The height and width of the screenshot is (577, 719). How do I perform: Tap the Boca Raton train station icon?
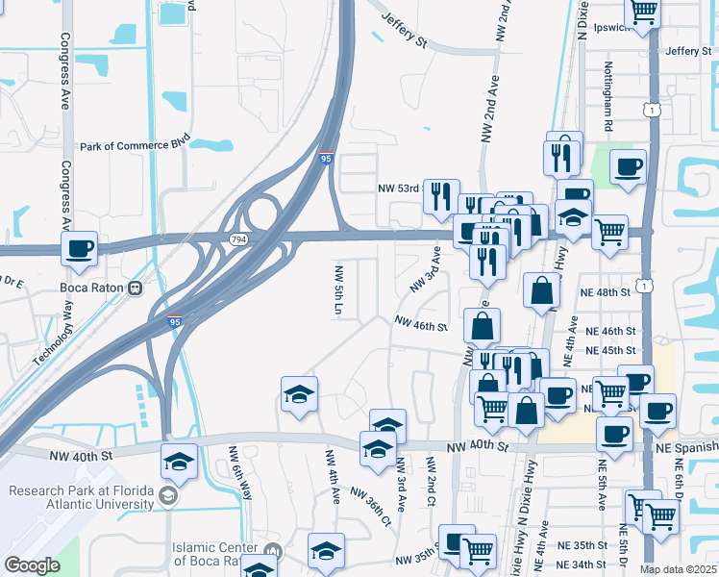(x=136, y=288)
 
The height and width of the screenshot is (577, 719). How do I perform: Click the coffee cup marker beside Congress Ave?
(x=80, y=250)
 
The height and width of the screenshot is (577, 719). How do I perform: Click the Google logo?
(x=32, y=565)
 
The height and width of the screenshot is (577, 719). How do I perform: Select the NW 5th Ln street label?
(x=338, y=289)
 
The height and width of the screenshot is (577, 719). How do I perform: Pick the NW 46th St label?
(x=421, y=326)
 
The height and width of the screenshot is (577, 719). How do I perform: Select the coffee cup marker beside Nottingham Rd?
(x=628, y=167)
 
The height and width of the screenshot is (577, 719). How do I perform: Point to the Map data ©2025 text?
(x=678, y=569)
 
